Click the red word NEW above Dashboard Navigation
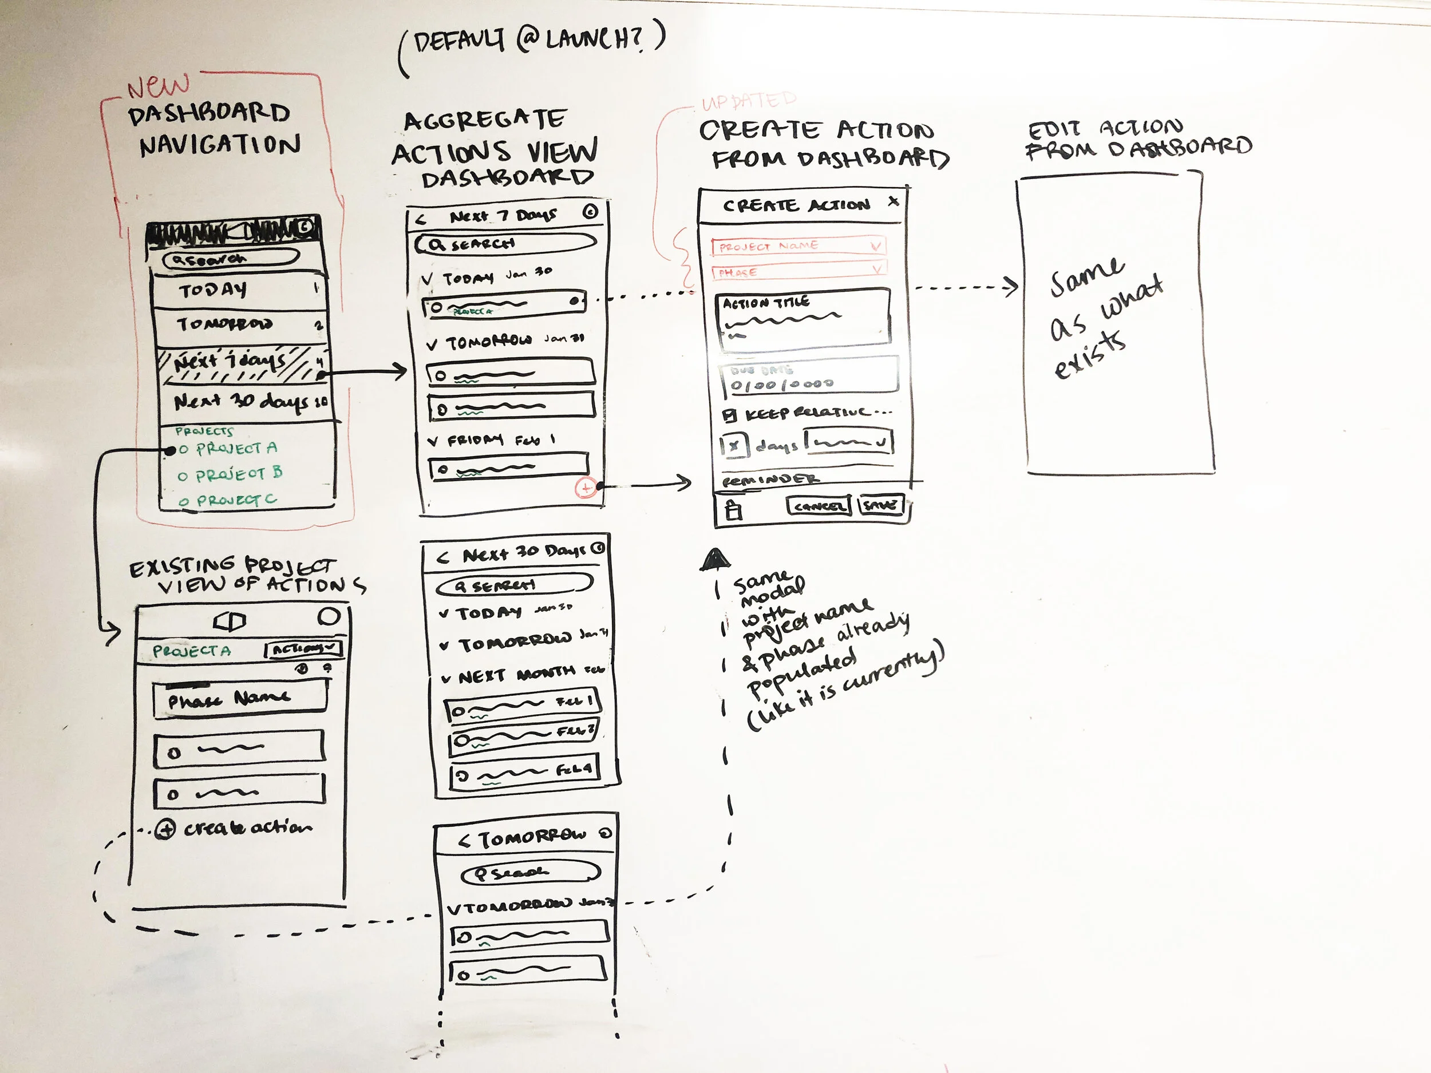tap(159, 85)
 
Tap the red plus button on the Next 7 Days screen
tap(586, 488)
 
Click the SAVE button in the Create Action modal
tap(880, 505)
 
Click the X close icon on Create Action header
tap(894, 202)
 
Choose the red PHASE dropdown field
tap(798, 272)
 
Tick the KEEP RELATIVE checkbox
tap(730, 415)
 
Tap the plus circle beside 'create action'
tap(165, 829)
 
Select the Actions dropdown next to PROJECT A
tap(303, 649)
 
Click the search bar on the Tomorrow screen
tap(531, 874)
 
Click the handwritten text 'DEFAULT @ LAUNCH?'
tap(531, 42)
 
